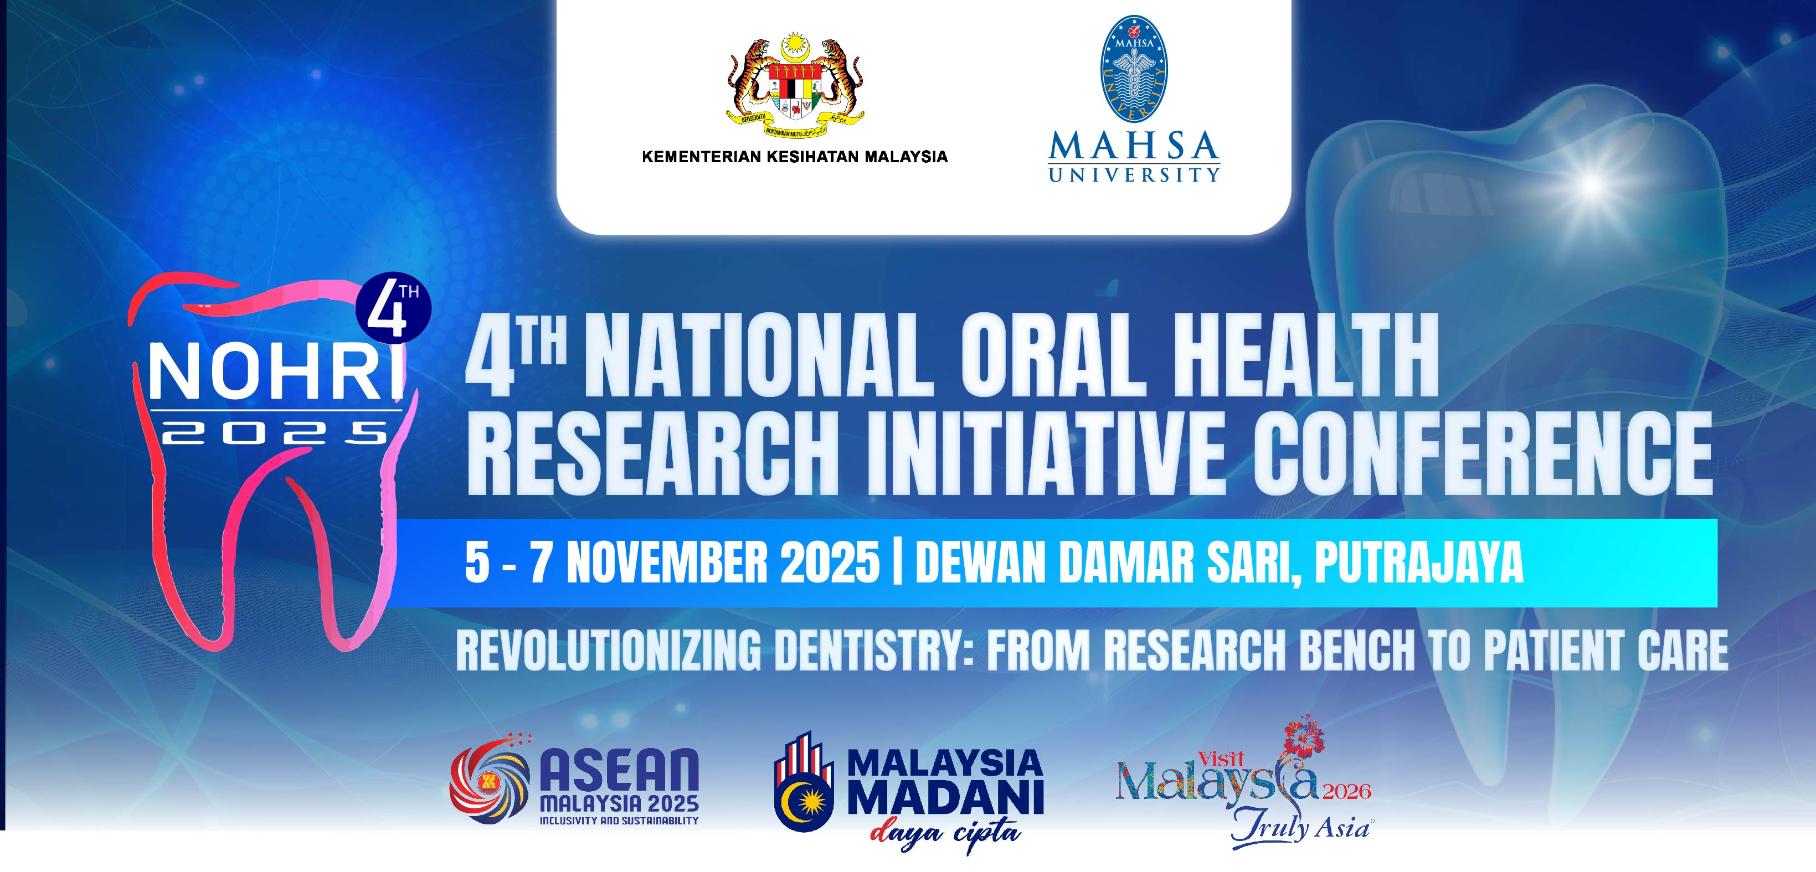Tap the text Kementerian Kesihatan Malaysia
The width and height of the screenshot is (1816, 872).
click(795, 157)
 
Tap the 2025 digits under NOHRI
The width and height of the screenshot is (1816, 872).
click(275, 431)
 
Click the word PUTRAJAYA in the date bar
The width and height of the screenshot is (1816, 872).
click(1418, 563)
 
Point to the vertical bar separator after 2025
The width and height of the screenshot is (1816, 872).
click(897, 563)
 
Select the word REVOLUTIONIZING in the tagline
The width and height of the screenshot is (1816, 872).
click(609, 650)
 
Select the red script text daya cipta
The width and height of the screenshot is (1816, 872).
click(945, 834)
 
